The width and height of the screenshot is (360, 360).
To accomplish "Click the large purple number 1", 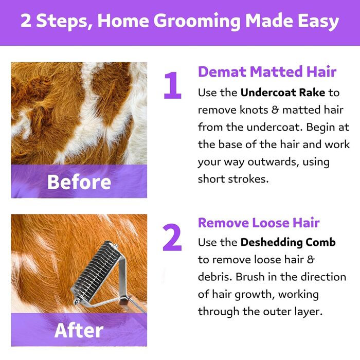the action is point(173,85).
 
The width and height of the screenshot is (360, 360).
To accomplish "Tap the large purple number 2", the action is point(172,238).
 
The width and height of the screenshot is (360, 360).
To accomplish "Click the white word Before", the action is point(79,182).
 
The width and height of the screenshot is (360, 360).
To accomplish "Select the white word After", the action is point(79,330).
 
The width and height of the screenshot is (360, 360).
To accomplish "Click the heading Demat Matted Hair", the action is point(267,71).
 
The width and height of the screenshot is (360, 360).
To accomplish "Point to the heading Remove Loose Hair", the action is point(259,223).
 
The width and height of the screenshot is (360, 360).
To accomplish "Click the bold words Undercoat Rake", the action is point(283,93).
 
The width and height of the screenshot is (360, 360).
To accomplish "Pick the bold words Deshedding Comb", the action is point(288,242).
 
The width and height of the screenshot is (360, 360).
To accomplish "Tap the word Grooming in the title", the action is point(197,21).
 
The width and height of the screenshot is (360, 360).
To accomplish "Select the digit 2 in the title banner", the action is point(26,21).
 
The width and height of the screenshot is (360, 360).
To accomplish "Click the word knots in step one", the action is point(254,110).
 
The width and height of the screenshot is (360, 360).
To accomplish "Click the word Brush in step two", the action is point(250,277).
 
